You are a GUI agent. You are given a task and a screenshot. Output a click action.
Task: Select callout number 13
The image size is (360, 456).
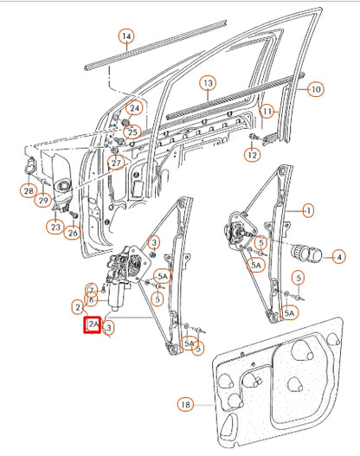pyautogui.click(x=208, y=84)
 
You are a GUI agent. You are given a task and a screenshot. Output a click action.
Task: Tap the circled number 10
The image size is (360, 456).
pyautogui.click(x=316, y=89)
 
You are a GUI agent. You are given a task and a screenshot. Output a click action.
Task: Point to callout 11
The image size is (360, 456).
pyautogui.click(x=267, y=112)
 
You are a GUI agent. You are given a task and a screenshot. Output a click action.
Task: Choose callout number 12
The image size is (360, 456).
pyautogui.click(x=252, y=155)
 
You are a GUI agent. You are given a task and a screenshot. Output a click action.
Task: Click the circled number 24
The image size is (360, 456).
pyautogui.click(x=134, y=108)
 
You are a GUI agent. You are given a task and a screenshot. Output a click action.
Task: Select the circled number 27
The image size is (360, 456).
pyautogui.click(x=116, y=163)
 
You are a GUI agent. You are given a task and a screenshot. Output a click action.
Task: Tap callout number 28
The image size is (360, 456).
pyautogui.click(x=29, y=190)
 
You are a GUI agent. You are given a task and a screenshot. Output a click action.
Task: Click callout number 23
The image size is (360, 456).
pyautogui.click(x=56, y=228)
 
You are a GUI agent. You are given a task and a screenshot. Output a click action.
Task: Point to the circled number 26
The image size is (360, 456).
pyautogui.click(x=74, y=232)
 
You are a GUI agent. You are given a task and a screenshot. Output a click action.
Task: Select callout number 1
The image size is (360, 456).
pyautogui.click(x=308, y=210)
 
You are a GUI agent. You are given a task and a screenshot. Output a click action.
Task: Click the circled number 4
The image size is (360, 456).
pyautogui.click(x=338, y=257)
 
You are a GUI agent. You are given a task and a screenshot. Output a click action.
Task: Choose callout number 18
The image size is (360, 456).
pyautogui.click(x=183, y=404)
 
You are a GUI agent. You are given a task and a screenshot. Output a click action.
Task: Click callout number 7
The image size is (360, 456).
pyautogui.click(x=90, y=289)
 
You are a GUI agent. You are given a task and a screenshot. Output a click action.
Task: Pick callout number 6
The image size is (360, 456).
pyautogui.click(x=91, y=299)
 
